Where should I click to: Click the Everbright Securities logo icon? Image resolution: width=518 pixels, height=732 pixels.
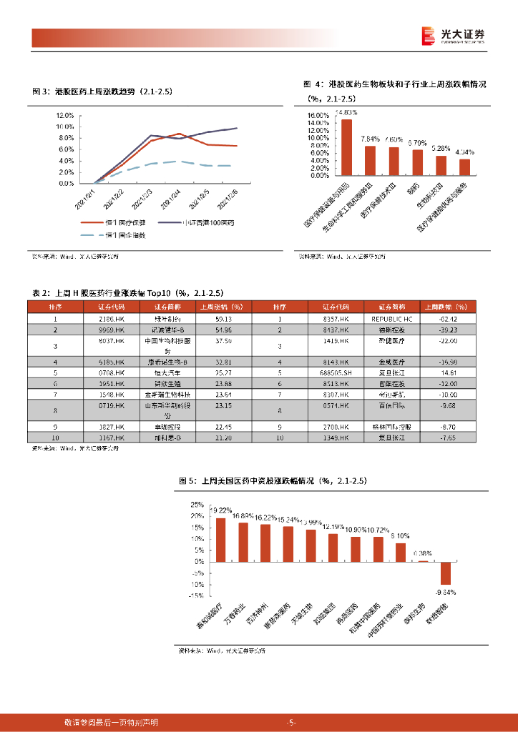click(x=428, y=35)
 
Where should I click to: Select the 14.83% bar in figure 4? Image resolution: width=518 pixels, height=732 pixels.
click(x=346, y=147)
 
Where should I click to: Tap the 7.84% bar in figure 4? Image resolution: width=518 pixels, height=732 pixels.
click(x=370, y=161)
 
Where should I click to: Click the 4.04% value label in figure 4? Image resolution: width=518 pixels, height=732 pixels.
click(x=465, y=152)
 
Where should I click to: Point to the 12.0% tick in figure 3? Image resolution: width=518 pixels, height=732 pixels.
click(x=65, y=115)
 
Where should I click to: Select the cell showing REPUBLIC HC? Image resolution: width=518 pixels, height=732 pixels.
click(x=393, y=318)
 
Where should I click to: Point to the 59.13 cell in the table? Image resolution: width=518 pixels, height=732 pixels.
click(x=223, y=318)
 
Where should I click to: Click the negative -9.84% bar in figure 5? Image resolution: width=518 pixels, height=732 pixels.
click(x=445, y=573)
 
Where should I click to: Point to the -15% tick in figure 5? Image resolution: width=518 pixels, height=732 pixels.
click(x=195, y=595)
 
